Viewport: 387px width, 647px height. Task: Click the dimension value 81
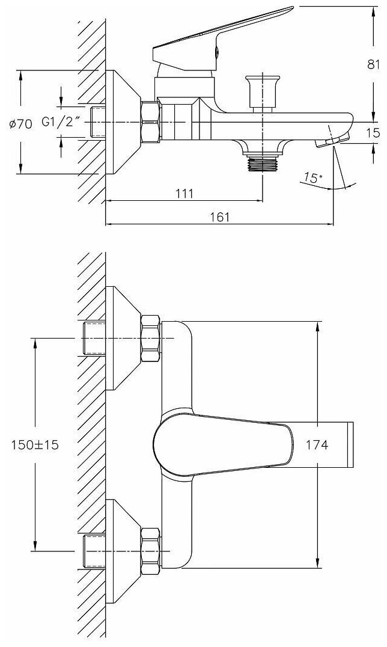373,64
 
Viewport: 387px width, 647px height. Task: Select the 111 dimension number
184,192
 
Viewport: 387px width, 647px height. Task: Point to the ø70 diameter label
20,123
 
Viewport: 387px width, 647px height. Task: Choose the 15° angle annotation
313,178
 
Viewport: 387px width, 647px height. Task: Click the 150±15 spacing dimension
35,445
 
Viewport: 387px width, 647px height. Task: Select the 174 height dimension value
317,445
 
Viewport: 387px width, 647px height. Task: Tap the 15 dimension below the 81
373,133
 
